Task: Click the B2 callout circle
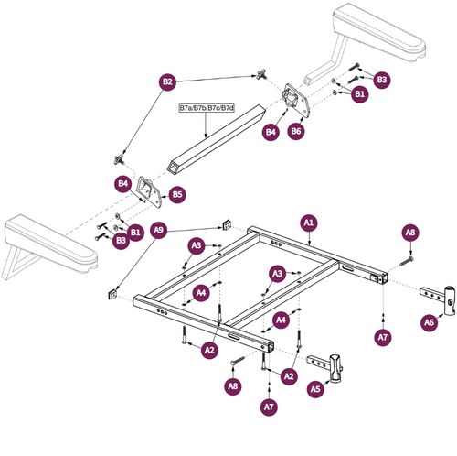tap(167, 82)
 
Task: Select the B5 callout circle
tap(177, 194)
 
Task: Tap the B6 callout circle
tap(295, 132)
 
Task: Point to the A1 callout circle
tap(308, 223)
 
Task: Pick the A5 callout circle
tap(316, 389)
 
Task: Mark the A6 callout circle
tap(429, 323)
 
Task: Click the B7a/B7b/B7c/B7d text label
tap(207, 108)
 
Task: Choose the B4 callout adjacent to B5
tap(123, 184)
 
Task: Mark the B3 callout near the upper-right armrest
tap(382, 81)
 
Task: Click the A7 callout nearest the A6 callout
tap(383, 338)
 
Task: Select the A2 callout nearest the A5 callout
tap(290, 375)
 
